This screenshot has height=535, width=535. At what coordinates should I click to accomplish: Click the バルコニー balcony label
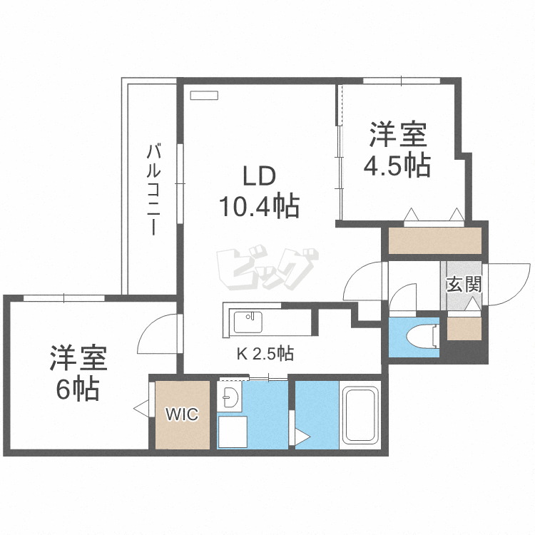click(x=153, y=190)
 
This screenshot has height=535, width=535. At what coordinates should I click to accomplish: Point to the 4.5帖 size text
click(x=397, y=165)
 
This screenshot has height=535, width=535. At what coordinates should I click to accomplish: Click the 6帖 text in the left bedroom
click(x=78, y=390)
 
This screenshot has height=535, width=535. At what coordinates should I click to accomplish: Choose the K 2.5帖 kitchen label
click(x=265, y=352)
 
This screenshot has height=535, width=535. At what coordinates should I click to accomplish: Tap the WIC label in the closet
click(x=182, y=414)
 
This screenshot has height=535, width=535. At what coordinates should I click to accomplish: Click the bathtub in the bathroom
click(x=361, y=415)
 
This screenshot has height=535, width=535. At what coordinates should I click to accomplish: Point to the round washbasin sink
click(x=230, y=399)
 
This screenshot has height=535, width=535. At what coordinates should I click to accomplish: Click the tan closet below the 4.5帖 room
click(x=434, y=241)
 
